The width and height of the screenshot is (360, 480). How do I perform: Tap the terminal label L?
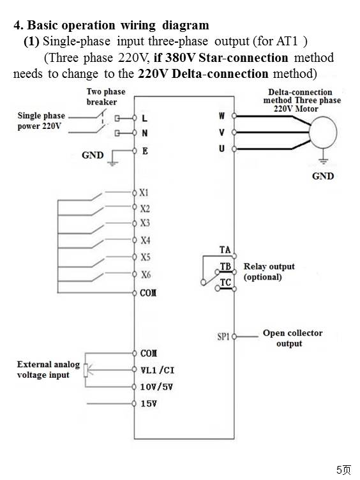coord(144,118)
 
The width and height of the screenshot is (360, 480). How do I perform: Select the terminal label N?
coord(145,133)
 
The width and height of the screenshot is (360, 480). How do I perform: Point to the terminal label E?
coord(145,151)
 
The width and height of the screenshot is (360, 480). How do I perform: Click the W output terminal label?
coord(221,116)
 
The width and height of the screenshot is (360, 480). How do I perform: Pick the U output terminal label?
coord(221,149)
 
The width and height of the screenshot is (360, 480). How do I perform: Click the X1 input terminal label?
coord(144,193)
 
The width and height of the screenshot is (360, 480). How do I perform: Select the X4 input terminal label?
coord(146,240)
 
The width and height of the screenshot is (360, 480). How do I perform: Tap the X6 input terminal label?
coord(146,274)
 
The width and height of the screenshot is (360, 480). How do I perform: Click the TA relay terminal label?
coord(225,250)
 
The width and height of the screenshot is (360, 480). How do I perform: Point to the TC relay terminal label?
coord(225,283)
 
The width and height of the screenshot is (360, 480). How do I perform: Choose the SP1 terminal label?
coord(223,337)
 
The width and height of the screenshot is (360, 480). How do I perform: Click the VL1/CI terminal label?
coord(158,370)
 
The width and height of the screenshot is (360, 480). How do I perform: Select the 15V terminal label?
coord(149,404)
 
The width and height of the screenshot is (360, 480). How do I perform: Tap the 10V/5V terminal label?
coord(156,387)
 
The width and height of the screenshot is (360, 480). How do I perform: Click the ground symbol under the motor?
coord(323,160)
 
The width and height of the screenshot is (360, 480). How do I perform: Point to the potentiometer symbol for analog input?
coord(86,370)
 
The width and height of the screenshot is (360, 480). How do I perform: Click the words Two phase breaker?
coord(106,97)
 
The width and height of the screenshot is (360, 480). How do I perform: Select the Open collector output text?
coord(292,338)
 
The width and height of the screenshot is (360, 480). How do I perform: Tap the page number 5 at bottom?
coord(340,470)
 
